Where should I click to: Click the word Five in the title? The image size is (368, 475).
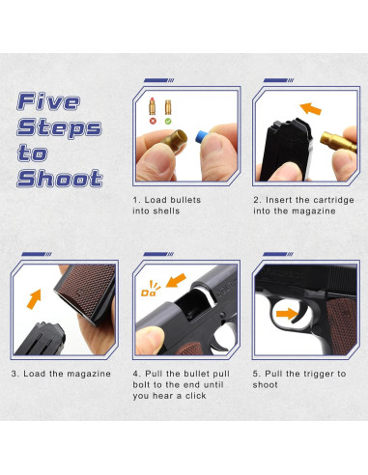click(x=48, y=101)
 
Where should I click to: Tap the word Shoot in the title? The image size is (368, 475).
click(x=60, y=179)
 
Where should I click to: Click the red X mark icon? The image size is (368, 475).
click(x=153, y=121)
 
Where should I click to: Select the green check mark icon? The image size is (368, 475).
click(x=168, y=121)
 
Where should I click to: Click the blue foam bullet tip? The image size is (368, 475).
click(x=202, y=136)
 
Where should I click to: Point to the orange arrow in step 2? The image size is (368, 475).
click(x=310, y=109)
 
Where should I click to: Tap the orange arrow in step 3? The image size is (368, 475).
click(x=34, y=299)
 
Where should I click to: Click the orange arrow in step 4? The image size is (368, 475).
click(x=176, y=280)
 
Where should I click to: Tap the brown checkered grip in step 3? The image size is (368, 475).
click(x=86, y=289)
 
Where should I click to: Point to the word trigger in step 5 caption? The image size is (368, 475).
click(x=316, y=374)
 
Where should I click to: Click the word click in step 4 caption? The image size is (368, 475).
click(x=195, y=396)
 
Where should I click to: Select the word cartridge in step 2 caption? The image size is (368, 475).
click(x=334, y=200)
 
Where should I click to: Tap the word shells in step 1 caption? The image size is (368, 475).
click(x=166, y=211)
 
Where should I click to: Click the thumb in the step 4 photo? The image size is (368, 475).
click(x=150, y=341)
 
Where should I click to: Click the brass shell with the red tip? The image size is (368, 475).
click(x=153, y=106)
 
